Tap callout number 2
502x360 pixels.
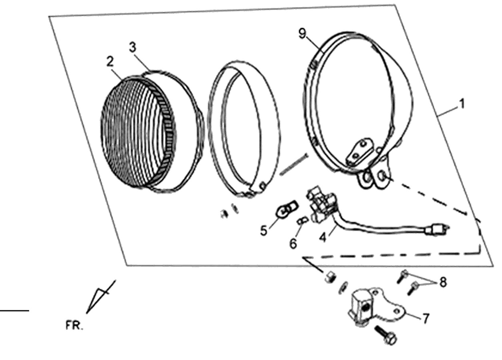(110, 61)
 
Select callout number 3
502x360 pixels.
(133, 48)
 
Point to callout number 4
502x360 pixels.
(323, 237)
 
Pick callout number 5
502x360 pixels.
(264, 230)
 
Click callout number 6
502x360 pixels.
(293, 243)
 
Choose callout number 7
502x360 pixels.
(426, 318)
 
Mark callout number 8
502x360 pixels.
(443, 282)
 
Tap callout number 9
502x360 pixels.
(302, 34)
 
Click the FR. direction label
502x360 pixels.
(74, 326)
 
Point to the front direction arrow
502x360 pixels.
(101, 296)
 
